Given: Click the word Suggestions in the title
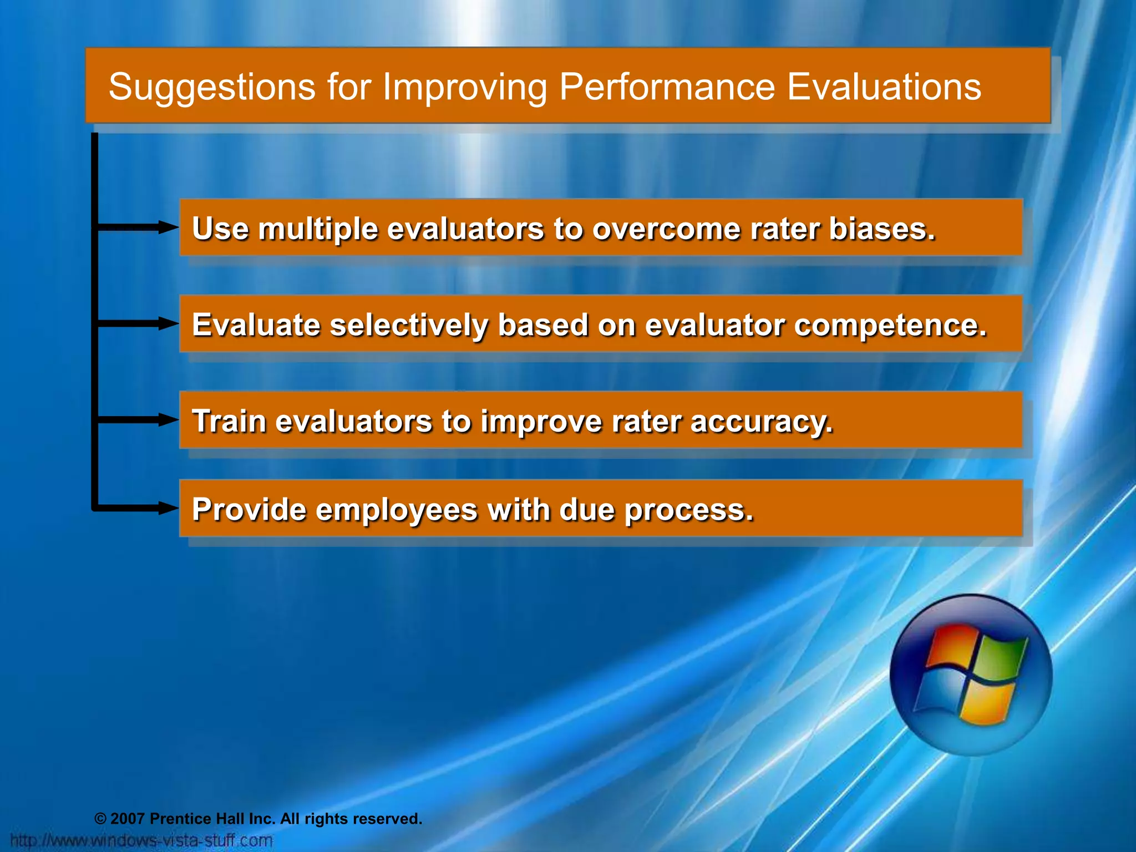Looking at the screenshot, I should tap(212, 88).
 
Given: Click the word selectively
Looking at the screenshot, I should tap(409, 326).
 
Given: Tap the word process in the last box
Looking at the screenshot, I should tap(688, 510).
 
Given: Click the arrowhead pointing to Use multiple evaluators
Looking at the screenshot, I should tap(168, 227).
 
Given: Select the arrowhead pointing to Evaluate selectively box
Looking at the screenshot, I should tap(168, 323).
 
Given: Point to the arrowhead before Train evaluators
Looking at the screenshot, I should tap(168, 420).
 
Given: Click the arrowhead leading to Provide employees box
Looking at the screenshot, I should tap(168, 508).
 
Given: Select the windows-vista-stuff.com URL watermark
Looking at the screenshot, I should tap(142, 840).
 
